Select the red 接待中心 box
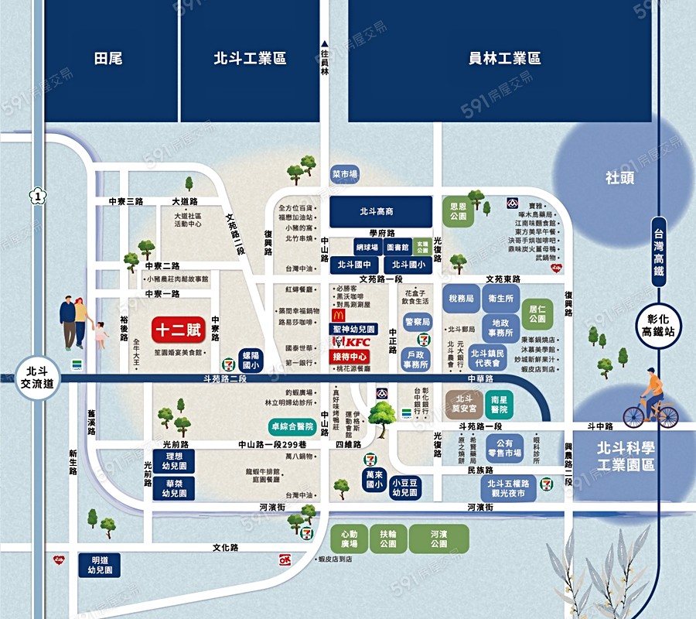(x=350, y=357)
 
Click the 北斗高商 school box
(x=380, y=211)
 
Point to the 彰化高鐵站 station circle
(x=658, y=326)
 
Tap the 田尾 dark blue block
(x=108, y=59)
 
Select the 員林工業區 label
(x=504, y=59)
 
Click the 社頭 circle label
(x=620, y=177)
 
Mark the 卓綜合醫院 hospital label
(x=292, y=426)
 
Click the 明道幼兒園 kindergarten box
(x=101, y=565)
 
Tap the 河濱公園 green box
(x=438, y=539)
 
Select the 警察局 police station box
(x=418, y=322)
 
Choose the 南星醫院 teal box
(x=500, y=403)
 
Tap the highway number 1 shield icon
(x=37, y=197)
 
